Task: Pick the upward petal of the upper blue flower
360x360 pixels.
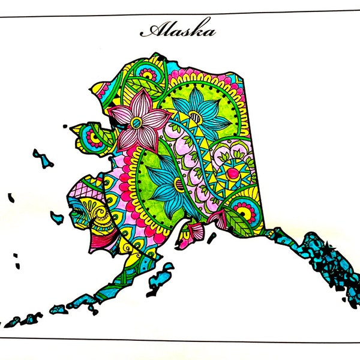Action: [x=197, y=96]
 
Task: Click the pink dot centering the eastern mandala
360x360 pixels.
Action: [x=231, y=174]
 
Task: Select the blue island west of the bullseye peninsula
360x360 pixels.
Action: [x=43, y=158]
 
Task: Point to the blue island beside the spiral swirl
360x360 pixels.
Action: [x=58, y=217]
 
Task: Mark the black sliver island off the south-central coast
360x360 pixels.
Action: [x=211, y=238]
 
